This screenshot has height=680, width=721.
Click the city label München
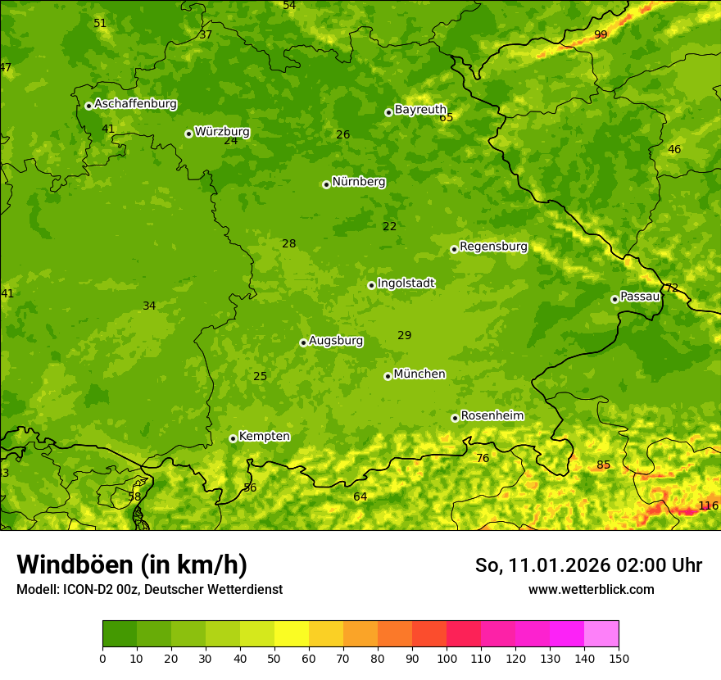click(419, 374)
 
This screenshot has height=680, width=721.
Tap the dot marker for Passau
click(614, 299)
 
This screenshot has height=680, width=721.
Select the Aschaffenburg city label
click(135, 104)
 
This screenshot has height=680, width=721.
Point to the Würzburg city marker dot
click(188, 134)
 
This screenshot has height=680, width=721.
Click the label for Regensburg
click(493, 247)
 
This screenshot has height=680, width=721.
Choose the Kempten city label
click(264, 437)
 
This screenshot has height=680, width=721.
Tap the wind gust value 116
click(708, 505)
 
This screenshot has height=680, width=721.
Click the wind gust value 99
click(601, 34)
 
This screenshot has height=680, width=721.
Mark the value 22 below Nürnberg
click(389, 227)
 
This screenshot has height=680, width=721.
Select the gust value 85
click(603, 465)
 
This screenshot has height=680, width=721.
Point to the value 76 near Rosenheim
click(483, 459)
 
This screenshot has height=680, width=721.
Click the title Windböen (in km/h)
click(132, 564)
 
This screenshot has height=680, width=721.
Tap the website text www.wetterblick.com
click(591, 590)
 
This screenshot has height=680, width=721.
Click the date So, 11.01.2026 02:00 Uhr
click(588, 565)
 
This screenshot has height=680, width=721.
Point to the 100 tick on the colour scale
click(447, 658)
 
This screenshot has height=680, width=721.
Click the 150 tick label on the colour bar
click(619, 658)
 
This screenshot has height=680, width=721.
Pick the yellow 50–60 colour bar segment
click(292, 634)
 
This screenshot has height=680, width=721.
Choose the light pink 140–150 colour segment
click(601, 634)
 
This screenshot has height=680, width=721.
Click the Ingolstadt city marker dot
click(371, 285)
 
